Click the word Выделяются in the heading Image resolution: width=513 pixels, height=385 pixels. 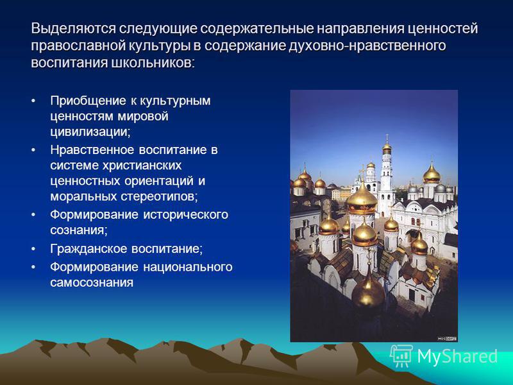pyautogui.click(x=73, y=28)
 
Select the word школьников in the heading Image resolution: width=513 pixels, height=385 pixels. pyautogui.click(x=153, y=62)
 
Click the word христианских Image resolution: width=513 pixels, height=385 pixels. pyautogui.click(x=142, y=166)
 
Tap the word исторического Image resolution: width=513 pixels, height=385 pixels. pyautogui.click(x=186, y=215)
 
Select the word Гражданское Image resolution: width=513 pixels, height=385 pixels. pyautogui.click(x=88, y=249)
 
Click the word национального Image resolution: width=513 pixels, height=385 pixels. pyautogui.click(x=188, y=267)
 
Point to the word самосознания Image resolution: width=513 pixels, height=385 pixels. pyautogui.click(x=92, y=283)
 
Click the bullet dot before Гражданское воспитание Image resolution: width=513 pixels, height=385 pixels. pyautogui.click(x=33, y=249)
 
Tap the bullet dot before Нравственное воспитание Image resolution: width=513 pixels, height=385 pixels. pyautogui.click(x=33, y=150)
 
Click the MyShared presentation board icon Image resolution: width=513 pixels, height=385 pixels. pyautogui.click(x=401, y=356)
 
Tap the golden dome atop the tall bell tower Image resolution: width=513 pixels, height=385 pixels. pyautogui.click(x=387, y=148)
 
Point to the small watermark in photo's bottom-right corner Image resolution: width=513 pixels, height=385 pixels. pyautogui.click(x=447, y=339)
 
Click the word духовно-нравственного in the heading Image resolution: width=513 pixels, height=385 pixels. pyautogui.click(x=367, y=46)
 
